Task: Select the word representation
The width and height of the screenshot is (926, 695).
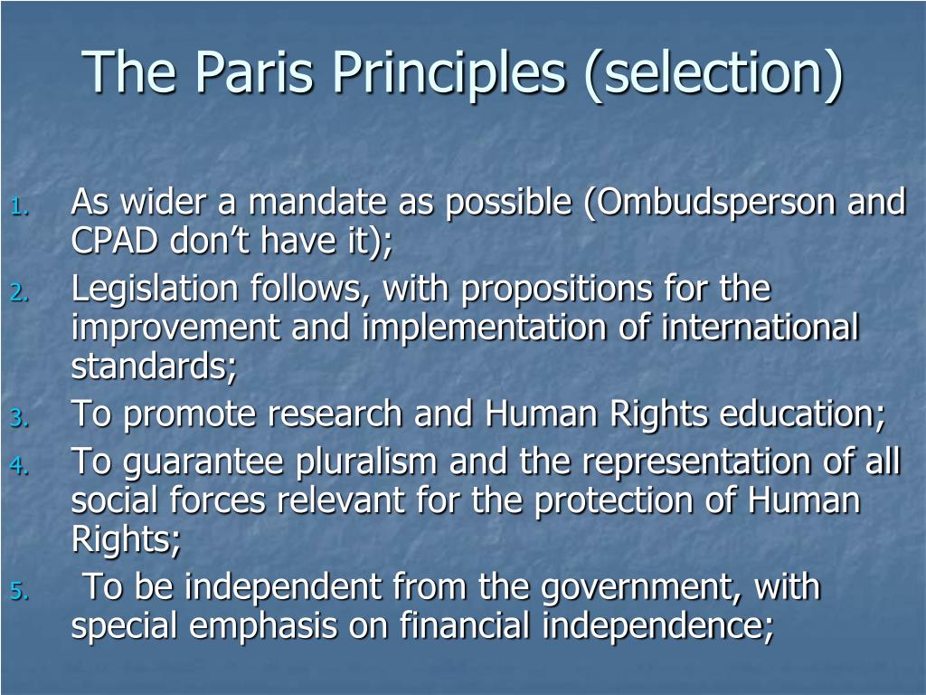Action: pos(701,462)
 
